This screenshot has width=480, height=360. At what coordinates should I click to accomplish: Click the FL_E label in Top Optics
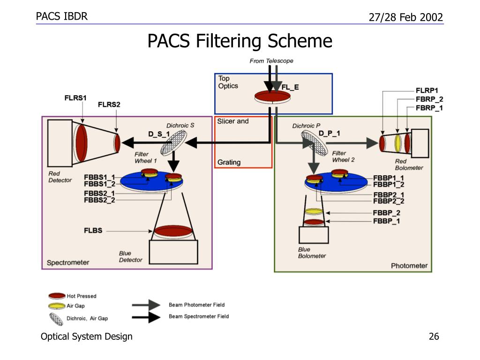(x=290, y=87)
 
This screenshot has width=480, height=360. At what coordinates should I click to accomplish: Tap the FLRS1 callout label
(x=75, y=98)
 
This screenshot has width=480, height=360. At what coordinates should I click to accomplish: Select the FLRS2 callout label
(x=109, y=105)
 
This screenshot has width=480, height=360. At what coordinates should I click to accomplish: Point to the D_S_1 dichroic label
(x=159, y=134)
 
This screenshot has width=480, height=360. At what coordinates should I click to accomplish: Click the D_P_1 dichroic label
(x=329, y=134)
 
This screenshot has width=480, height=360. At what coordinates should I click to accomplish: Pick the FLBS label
(x=93, y=231)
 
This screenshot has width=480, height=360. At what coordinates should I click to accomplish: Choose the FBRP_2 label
(x=429, y=99)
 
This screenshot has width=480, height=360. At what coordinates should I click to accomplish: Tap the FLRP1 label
(x=427, y=90)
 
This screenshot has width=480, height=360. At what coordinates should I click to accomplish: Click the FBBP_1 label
(x=386, y=221)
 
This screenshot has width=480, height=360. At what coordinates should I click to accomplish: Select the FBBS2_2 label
(x=99, y=200)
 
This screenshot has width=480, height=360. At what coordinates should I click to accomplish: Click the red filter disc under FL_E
(x=272, y=96)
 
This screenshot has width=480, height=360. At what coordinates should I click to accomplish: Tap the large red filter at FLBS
(x=173, y=231)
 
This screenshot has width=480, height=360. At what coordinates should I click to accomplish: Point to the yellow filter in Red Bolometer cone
(x=397, y=143)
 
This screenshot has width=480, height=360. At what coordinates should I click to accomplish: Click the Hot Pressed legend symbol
(x=57, y=296)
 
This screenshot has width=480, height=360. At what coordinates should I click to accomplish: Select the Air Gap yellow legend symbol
(x=57, y=306)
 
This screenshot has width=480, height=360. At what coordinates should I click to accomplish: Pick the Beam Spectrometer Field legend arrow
(x=146, y=317)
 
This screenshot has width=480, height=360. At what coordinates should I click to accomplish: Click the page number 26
(x=434, y=337)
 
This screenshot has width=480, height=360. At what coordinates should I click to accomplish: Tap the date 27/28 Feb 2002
(x=406, y=17)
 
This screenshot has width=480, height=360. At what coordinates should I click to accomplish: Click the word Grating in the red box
(x=229, y=162)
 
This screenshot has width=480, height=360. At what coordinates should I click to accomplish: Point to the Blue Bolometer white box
(x=314, y=235)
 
